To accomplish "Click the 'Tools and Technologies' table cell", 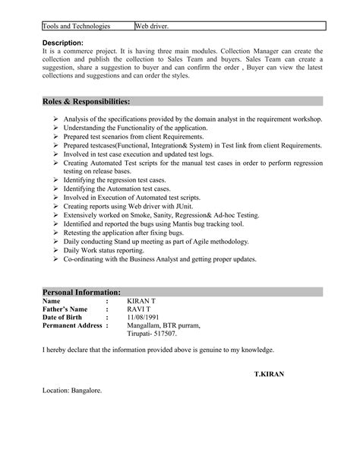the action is tap(77, 26).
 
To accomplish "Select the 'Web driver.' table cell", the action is tap(152, 26).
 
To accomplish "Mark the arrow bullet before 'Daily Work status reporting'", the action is tap(57, 250).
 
